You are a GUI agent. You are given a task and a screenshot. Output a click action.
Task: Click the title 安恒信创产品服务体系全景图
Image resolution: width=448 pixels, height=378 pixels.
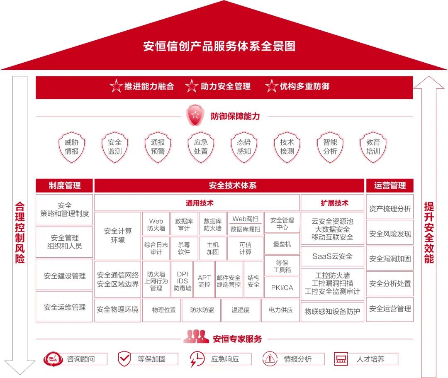pos(219,46)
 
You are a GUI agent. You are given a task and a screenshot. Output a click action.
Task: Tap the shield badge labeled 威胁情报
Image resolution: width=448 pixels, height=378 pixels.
pos(71,147)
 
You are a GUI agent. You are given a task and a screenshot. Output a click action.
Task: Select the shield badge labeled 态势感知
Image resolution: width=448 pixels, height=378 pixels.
pos(244,147)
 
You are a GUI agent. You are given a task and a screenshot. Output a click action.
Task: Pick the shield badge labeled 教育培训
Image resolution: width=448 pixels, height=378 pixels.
pos(373,147)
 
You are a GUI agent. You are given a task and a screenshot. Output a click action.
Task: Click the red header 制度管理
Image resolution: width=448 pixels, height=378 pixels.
pos(65,185)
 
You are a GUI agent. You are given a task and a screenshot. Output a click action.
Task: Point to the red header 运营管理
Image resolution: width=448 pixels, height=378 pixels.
pos(390,185)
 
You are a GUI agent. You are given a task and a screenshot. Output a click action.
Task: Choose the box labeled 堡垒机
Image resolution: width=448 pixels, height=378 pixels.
pos(282,244)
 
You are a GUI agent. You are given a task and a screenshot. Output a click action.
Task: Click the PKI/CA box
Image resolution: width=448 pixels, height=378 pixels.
pos(282,288)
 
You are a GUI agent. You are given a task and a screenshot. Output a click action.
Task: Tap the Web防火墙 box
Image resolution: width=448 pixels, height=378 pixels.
pos(156,224)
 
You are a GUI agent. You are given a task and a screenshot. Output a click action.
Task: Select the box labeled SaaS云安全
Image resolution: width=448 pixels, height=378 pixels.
pos(332,256)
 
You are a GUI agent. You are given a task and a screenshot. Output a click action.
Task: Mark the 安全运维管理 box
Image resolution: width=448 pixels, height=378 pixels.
pos(65,307)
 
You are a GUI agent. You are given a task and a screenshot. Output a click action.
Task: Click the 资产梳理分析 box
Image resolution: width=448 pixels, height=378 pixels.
pos(390,209)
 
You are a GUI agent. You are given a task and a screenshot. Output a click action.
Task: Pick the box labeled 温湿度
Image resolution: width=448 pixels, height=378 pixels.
pos(241,310)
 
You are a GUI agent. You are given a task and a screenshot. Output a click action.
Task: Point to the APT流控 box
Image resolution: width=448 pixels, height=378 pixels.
pos(204,281)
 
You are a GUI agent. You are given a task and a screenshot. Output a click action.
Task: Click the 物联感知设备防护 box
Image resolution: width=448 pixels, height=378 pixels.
pos(332,311)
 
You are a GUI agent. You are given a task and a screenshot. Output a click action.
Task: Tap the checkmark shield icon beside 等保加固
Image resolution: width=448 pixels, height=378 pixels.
pos(124,358)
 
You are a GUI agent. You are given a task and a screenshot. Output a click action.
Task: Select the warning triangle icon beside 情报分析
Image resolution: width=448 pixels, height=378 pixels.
pos(270,358)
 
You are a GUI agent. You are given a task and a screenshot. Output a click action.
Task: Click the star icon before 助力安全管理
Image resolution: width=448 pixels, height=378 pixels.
pos(192,86)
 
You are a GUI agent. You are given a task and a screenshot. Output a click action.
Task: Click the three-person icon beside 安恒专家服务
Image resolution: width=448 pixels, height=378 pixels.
pos(196,337)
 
